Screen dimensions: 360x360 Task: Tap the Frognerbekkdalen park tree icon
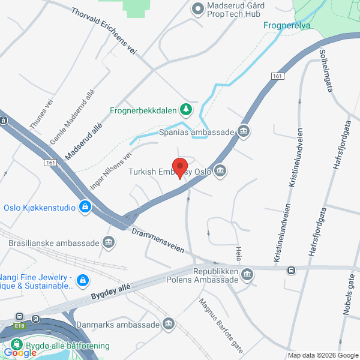[186, 109]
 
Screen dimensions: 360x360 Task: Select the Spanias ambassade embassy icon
[244, 131]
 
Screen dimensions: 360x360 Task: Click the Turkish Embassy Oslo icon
[220, 172]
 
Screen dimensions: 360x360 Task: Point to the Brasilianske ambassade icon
[109, 243]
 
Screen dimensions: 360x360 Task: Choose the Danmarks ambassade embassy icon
[169, 325]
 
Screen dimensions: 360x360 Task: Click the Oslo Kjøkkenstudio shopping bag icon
[85, 208]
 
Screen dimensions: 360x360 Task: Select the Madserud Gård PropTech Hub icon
[197, 8]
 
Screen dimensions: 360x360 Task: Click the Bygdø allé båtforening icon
[16, 346]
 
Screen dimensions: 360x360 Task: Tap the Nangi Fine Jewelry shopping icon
[83, 280]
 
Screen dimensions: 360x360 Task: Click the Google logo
[20, 353]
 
